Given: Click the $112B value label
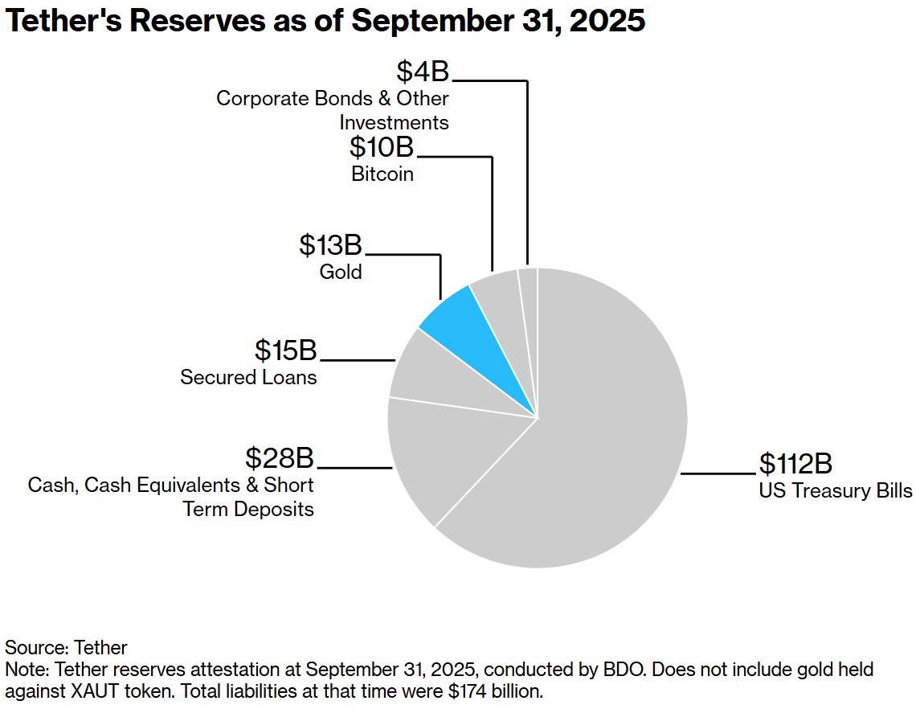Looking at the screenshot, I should pyautogui.click(x=795, y=465).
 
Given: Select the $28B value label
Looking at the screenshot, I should pyautogui.click(x=279, y=459).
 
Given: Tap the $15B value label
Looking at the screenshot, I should pyautogui.click(x=286, y=351).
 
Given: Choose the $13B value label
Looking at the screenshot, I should pyautogui.click(x=330, y=246).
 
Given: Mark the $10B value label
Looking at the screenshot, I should pyautogui.click(x=382, y=147).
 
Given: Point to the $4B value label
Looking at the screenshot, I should pyautogui.click(x=423, y=72).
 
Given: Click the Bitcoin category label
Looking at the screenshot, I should pyautogui.click(x=382, y=174).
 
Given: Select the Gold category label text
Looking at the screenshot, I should pyautogui.click(x=341, y=272).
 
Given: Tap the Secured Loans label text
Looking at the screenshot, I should pyautogui.click(x=248, y=377).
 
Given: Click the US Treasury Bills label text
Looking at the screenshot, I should pyautogui.click(x=836, y=490).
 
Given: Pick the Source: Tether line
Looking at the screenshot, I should pyautogui.click(x=66, y=647).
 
